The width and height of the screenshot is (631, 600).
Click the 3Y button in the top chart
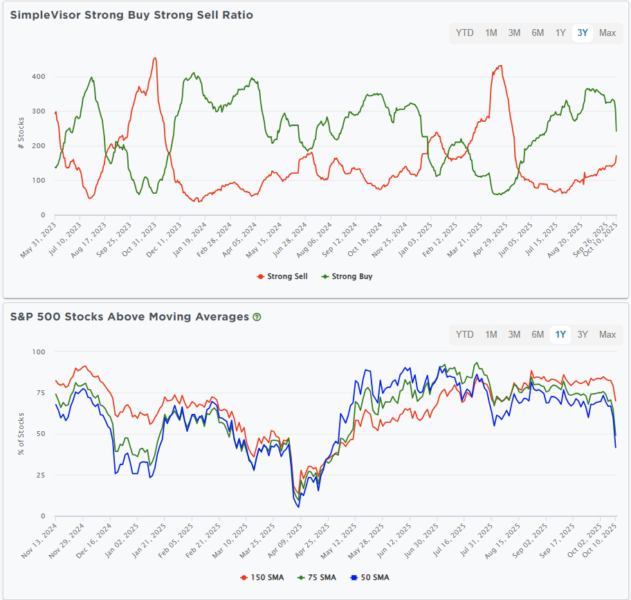(583, 33)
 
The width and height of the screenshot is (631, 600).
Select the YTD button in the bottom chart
(465, 334)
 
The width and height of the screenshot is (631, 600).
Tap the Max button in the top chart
(607, 33)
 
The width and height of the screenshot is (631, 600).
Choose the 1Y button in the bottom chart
(560, 334)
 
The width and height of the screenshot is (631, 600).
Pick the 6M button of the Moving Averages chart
(538, 334)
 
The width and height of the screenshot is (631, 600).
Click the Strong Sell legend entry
(282, 276)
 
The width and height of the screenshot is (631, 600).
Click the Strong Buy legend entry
(347, 276)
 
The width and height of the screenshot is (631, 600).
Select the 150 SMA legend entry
(257, 577)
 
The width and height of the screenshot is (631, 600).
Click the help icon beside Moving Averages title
(257, 317)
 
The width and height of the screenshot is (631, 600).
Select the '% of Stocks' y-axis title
(21, 433)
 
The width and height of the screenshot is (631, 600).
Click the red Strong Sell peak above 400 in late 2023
(155, 58)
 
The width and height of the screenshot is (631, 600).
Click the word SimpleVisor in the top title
(46, 15)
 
